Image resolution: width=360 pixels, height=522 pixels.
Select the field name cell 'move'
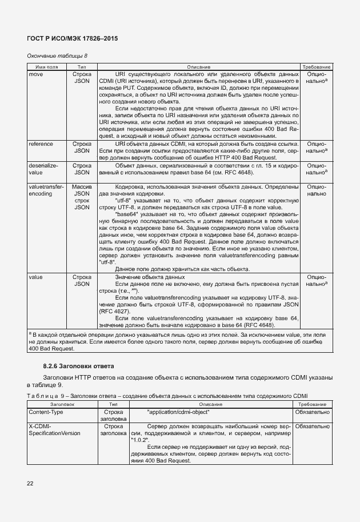coord(35,74)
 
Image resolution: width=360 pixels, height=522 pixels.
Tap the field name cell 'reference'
coord(41,144)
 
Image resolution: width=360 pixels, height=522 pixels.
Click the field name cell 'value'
coord(35,277)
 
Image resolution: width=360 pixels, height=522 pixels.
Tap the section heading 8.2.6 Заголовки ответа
coord(79,365)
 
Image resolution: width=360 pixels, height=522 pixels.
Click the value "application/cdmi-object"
coord(178,412)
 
